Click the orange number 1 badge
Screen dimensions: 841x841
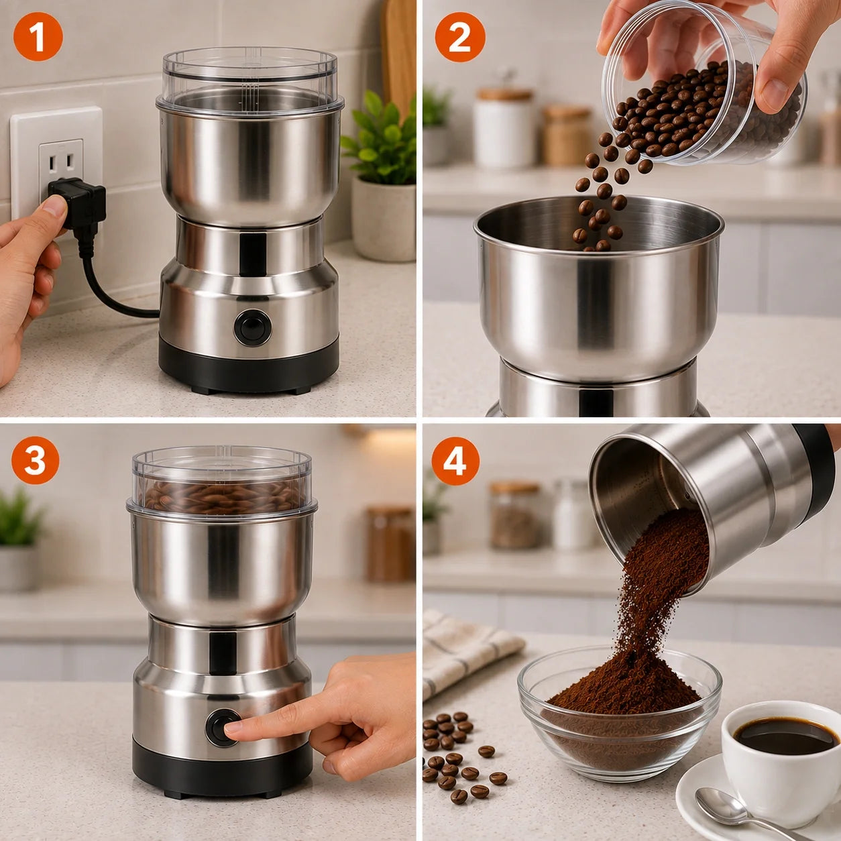38,36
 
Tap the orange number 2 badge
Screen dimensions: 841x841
460,36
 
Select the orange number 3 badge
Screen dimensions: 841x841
36,460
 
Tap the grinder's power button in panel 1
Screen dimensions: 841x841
253,328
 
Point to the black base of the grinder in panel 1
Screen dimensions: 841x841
249,365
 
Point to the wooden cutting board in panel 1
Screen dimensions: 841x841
399,57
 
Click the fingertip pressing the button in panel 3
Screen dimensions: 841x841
234,728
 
